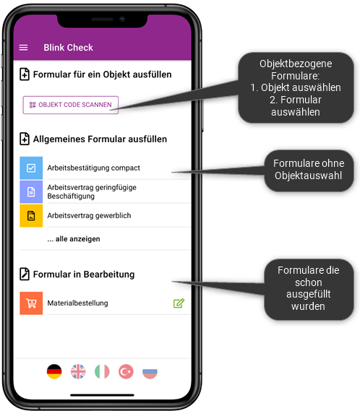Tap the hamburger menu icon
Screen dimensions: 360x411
pyautogui.click(x=23, y=48)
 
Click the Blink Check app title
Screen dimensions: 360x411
pyautogui.click(x=68, y=48)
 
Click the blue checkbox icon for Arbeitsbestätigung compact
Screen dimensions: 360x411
pyautogui.click(x=31, y=168)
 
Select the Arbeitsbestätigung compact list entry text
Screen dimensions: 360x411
pyautogui.click(x=94, y=168)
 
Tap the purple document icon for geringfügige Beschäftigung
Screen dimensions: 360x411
pyautogui.click(x=31, y=191)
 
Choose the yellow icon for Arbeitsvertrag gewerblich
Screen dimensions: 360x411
pyautogui.click(x=31, y=215)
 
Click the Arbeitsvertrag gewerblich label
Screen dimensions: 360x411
pyautogui.click(x=89, y=215)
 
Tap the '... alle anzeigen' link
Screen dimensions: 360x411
pyautogui.click(x=74, y=239)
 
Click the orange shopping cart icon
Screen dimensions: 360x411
pyautogui.click(x=31, y=303)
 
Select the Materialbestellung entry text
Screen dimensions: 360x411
pyautogui.click(x=77, y=303)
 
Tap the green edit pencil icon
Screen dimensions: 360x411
pyautogui.click(x=179, y=303)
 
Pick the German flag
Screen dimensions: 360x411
pyautogui.click(x=54, y=371)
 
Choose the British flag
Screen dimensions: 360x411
pyautogui.click(x=78, y=371)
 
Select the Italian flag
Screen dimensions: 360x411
pyautogui.click(x=102, y=371)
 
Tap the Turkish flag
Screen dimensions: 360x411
pyautogui.click(x=126, y=371)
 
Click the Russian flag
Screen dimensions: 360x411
pyautogui.click(x=150, y=371)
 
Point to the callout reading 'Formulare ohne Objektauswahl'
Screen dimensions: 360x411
pyautogui.click(x=309, y=170)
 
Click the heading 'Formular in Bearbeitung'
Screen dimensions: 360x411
pyautogui.click(x=84, y=274)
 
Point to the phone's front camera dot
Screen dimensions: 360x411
pyautogui.click(x=122, y=19)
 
